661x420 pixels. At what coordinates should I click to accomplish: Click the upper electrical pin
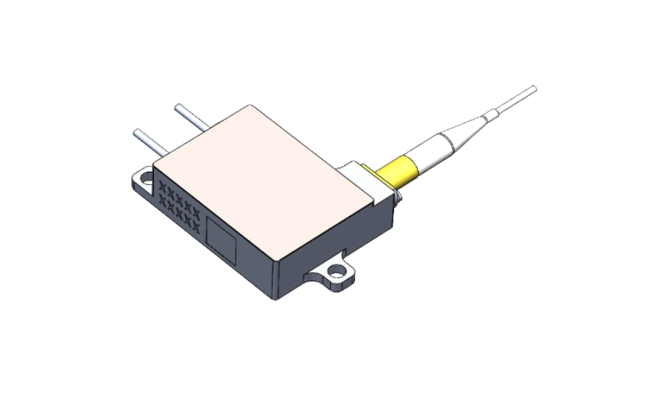[191, 116]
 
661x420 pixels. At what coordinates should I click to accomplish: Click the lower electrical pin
[150, 142]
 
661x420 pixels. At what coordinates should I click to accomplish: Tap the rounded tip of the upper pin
[177, 107]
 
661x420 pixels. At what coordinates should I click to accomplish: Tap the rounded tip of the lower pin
[136, 132]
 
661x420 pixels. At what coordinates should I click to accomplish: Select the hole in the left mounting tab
[146, 178]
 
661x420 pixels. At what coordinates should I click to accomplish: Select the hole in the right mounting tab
[337, 272]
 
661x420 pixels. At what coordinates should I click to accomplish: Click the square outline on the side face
[221, 239]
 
